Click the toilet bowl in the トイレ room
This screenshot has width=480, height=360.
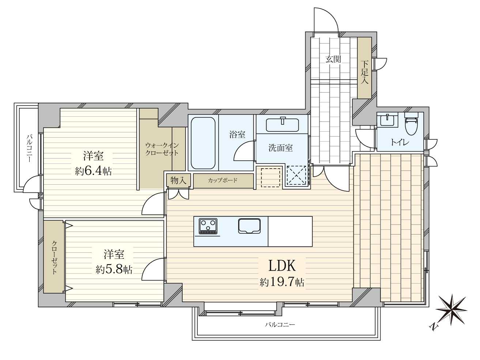[x=411, y=124]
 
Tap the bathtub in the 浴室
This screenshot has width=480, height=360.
[x=203, y=143]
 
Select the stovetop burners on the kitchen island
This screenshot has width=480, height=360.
[x=208, y=226]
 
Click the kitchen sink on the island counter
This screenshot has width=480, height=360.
[x=249, y=226]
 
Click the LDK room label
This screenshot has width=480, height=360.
[x=282, y=266]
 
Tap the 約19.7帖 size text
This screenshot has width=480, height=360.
[x=282, y=282]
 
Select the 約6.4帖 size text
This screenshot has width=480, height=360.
[x=93, y=171]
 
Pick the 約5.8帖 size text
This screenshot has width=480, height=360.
[x=114, y=270]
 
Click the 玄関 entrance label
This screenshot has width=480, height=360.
[x=333, y=59]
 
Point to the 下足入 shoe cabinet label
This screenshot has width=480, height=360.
[x=364, y=72]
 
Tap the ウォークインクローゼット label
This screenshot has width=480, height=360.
[x=162, y=149]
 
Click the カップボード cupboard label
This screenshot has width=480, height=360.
[x=223, y=180]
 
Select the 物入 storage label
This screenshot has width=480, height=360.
[x=178, y=180]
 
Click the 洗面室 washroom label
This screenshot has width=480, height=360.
[x=280, y=148]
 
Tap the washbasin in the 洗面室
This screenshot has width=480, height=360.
[x=282, y=125]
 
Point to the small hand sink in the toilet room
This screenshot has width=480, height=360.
[x=388, y=120]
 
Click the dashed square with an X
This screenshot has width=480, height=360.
[x=296, y=176]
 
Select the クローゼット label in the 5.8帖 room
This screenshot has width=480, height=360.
[x=54, y=257]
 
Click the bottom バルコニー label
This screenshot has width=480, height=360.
[x=280, y=325]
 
